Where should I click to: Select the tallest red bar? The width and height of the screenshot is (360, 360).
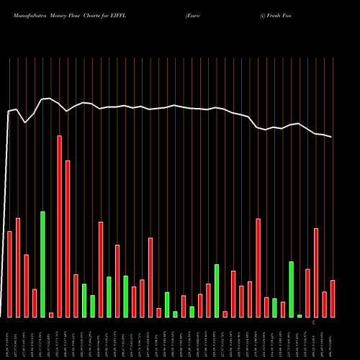point(60,226)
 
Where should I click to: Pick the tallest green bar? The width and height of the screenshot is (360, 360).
point(43,264)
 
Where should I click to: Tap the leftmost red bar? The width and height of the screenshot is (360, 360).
point(10,274)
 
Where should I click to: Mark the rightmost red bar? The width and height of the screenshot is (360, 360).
point(333,298)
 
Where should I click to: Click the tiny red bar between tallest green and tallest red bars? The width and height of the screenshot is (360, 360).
point(51,315)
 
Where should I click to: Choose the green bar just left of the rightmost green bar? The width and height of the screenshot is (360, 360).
point(291,289)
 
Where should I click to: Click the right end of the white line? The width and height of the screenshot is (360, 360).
point(332,137)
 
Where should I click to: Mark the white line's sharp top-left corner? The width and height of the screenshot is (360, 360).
point(9,112)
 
